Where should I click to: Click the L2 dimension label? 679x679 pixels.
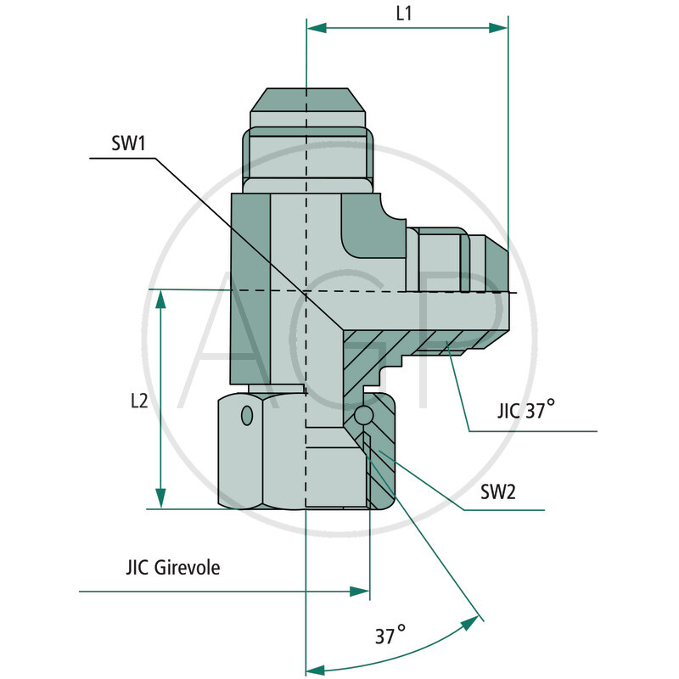click(139, 401)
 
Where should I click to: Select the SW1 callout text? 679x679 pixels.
click(129, 143)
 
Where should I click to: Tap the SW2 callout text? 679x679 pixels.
click(498, 491)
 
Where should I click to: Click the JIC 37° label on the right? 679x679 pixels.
click(525, 412)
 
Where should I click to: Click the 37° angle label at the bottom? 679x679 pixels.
click(390, 635)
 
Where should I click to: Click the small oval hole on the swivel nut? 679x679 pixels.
click(247, 416)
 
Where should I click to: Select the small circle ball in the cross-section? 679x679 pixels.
click(363, 416)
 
